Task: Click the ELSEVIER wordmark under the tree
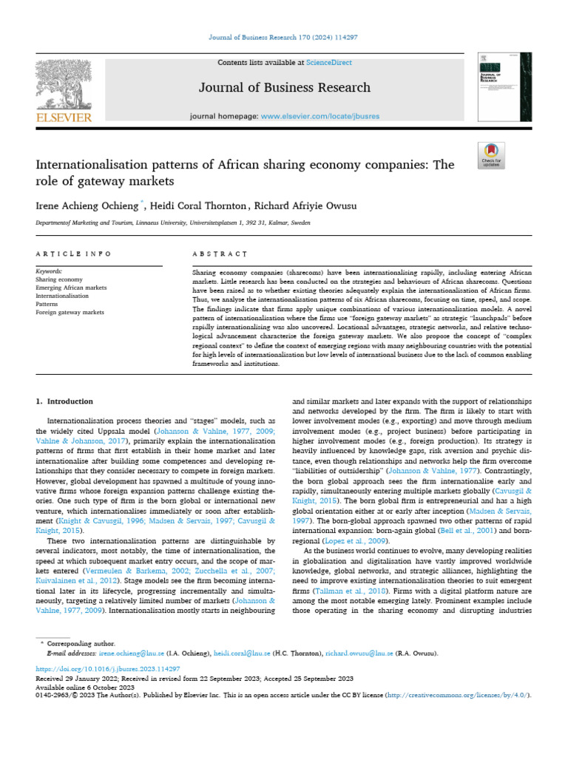point(65,117)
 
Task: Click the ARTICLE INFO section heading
point(73,254)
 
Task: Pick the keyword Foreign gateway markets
point(70,313)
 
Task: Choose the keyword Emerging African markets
point(71,288)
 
